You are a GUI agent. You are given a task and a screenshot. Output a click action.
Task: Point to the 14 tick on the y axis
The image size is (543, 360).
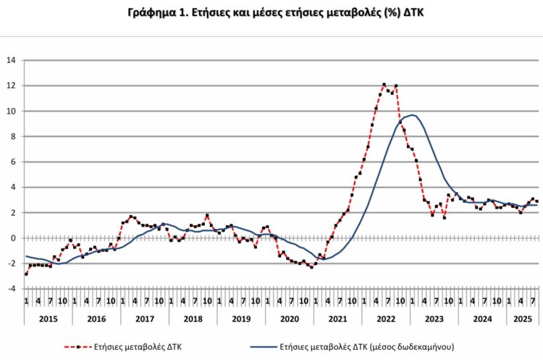[11, 60]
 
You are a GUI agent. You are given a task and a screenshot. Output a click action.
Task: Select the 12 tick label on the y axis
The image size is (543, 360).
[11, 85]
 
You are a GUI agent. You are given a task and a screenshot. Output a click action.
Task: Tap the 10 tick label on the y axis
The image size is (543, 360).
[11, 111]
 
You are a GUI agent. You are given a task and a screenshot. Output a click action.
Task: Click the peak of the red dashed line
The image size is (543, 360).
[384, 84]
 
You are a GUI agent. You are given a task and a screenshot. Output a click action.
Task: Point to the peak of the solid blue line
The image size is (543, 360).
[412, 115]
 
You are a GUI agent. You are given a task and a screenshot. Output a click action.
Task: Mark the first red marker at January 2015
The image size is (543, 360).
[26, 274]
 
